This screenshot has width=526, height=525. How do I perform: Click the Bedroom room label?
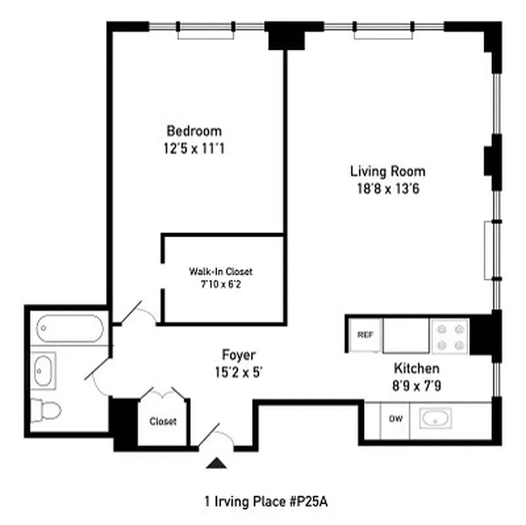pos(193,131)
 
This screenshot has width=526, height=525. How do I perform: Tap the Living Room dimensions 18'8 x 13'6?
pos(387,190)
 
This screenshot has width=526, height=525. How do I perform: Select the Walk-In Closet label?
pos(220,271)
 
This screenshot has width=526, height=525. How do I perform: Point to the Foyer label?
pos(238,355)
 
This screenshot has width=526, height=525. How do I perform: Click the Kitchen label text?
pos(416,368)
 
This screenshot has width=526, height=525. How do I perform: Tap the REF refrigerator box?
pos(365,335)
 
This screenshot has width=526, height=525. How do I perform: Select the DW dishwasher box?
pos(395,419)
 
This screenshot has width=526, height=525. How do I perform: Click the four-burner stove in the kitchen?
pos(449,336)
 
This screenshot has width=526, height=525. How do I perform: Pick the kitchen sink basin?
pos(435,419)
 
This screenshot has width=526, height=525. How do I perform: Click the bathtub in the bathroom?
pos(70,328)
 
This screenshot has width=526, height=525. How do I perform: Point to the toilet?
pos(47,411)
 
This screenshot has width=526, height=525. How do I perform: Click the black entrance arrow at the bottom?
pos(216,464)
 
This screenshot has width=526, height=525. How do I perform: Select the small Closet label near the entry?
pos(163,421)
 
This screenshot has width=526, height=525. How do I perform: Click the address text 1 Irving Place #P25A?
pos(265,502)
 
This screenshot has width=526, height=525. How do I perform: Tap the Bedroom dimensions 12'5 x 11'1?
pos(193,148)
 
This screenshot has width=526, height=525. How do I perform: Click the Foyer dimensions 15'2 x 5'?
pos(238,373)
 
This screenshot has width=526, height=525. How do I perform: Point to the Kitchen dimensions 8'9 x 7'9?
pos(416,386)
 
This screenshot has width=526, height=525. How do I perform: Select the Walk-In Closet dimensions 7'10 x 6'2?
pos(220,284)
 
